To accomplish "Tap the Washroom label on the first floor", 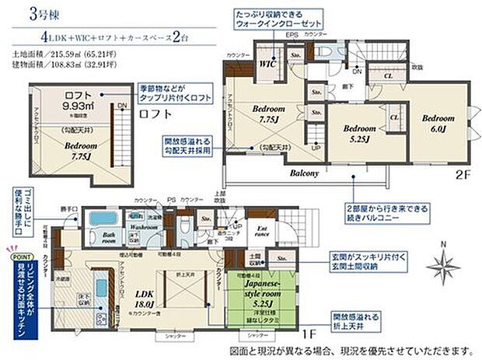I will pyautogui.click(x=145, y=228).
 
